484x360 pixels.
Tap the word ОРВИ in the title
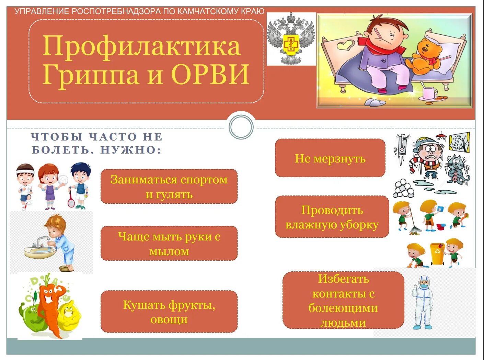point(210,74)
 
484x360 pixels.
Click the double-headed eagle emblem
point(291,38)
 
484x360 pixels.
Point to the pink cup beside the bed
point(429,93)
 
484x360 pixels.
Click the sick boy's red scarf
point(378,46)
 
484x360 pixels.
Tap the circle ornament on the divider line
point(241,127)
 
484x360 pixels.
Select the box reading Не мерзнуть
point(330,158)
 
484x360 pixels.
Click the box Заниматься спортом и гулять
point(169,187)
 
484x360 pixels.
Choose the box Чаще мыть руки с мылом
point(169,244)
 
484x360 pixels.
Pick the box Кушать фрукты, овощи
point(169,312)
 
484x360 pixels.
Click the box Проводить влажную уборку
point(332,217)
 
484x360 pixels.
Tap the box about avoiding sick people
point(343,300)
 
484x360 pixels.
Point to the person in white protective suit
point(423,302)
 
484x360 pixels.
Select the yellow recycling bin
point(437,254)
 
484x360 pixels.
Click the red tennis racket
point(71,201)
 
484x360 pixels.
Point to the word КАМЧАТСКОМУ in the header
point(208,11)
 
